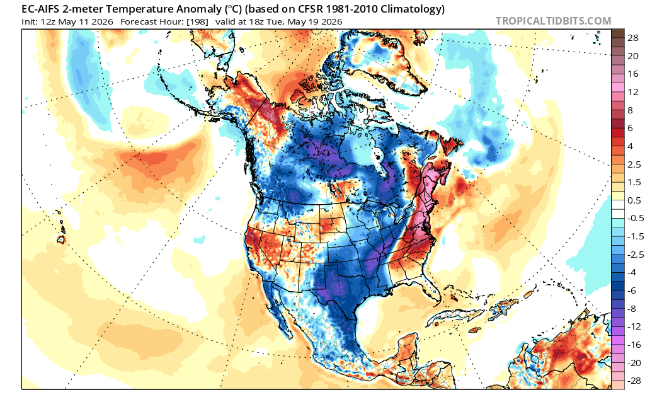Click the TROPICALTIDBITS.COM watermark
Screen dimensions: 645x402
(x=553, y=21)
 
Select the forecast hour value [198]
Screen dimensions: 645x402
(x=197, y=21)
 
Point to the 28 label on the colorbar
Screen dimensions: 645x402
(x=632, y=38)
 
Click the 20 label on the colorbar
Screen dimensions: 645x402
(x=632, y=56)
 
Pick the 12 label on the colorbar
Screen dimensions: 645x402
(x=632, y=92)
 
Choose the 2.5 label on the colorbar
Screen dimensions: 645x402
(x=634, y=164)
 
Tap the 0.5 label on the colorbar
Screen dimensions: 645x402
(x=634, y=200)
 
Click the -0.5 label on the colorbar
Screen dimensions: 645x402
(x=636, y=218)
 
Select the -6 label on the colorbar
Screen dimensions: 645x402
(x=631, y=290)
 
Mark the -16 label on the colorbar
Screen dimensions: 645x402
(x=634, y=345)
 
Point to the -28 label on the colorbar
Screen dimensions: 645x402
(x=634, y=381)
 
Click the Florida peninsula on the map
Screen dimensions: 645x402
(x=432, y=288)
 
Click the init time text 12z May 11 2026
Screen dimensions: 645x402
(x=77, y=21)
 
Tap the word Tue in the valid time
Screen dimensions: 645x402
(x=275, y=21)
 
